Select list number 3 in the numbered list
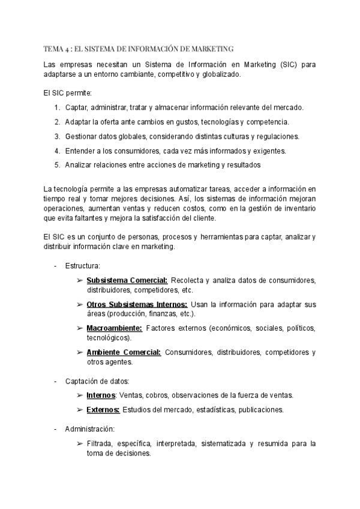(x=56, y=136)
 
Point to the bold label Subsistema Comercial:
(x=127, y=280)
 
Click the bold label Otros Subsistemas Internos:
(x=137, y=304)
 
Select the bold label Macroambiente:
(x=114, y=328)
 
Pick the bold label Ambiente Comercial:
(x=124, y=352)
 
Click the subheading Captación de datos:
(x=97, y=381)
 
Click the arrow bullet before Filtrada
(x=80, y=444)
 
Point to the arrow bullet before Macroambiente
(x=80, y=328)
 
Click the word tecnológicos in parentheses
(x=107, y=338)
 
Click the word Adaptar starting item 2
(x=79, y=122)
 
